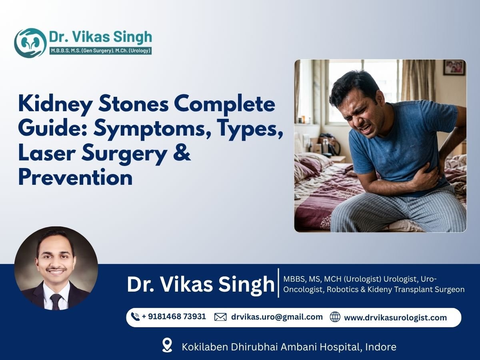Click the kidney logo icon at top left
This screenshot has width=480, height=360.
pos(30,43)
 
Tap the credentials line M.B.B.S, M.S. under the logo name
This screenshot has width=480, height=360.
pos(100,51)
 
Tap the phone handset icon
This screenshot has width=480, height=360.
pos(135,317)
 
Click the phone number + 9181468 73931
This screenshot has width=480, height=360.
pos(174,316)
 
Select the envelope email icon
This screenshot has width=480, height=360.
pos(220,317)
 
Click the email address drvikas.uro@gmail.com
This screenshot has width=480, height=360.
pos(277,317)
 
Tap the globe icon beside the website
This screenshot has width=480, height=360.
pos(335,317)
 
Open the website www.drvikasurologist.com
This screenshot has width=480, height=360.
pos(395,318)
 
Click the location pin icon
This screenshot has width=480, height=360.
pos(167,345)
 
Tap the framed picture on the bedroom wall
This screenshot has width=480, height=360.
pos(455,67)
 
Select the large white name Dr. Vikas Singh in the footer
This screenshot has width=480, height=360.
pos(200,284)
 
